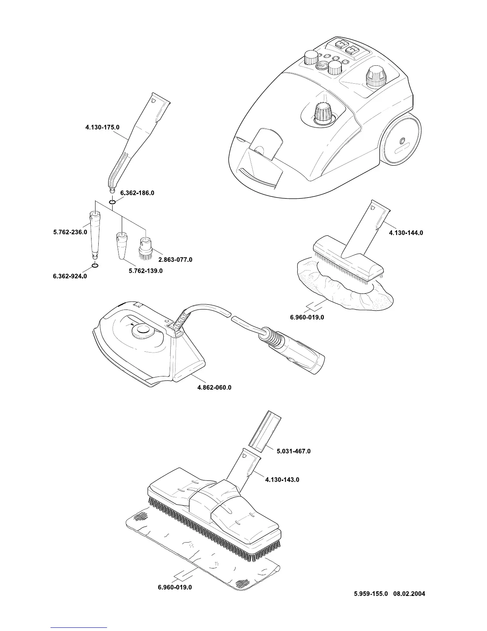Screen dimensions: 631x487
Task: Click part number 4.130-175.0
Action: (102, 127)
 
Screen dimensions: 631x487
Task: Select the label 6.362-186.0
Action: (137, 193)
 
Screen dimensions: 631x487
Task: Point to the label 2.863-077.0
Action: (175, 259)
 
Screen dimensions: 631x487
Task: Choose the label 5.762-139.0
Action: (146, 271)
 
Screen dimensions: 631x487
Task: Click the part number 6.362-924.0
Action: (70, 276)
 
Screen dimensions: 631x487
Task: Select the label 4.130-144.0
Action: (406, 233)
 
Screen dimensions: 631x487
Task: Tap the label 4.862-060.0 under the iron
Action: (214, 387)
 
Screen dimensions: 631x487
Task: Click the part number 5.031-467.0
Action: (293, 451)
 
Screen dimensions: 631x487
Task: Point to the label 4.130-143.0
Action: (282, 480)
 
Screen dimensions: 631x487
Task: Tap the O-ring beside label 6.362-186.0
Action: (113, 202)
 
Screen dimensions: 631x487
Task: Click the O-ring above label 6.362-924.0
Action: (95, 265)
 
